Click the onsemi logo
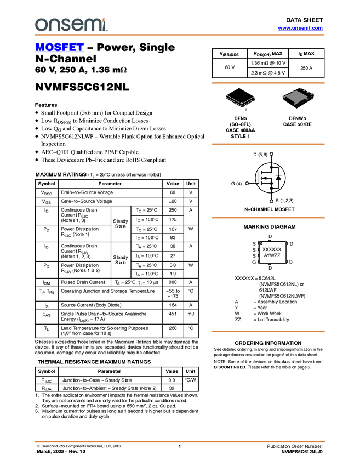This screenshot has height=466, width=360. point(71,25)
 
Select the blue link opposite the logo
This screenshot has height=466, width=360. point(300,28)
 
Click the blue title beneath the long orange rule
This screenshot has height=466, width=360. point(59,48)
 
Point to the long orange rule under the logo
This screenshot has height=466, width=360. point(180,35)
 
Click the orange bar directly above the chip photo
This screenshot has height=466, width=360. point(268,83)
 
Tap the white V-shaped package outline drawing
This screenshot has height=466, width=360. point(241,100)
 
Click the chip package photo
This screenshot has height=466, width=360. point(298,98)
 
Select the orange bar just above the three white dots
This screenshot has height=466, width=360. point(268,144)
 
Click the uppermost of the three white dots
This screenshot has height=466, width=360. point(271,154)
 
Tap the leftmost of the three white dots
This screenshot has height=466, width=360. point(247,183)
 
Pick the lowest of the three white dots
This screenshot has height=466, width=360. point(271,201)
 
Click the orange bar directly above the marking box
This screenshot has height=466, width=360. point(268,218)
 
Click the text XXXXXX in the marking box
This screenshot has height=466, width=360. point(272,249)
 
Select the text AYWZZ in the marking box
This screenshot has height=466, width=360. point(272,255)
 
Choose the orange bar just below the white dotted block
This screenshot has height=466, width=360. point(268,331)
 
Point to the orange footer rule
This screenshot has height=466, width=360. point(180,441)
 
